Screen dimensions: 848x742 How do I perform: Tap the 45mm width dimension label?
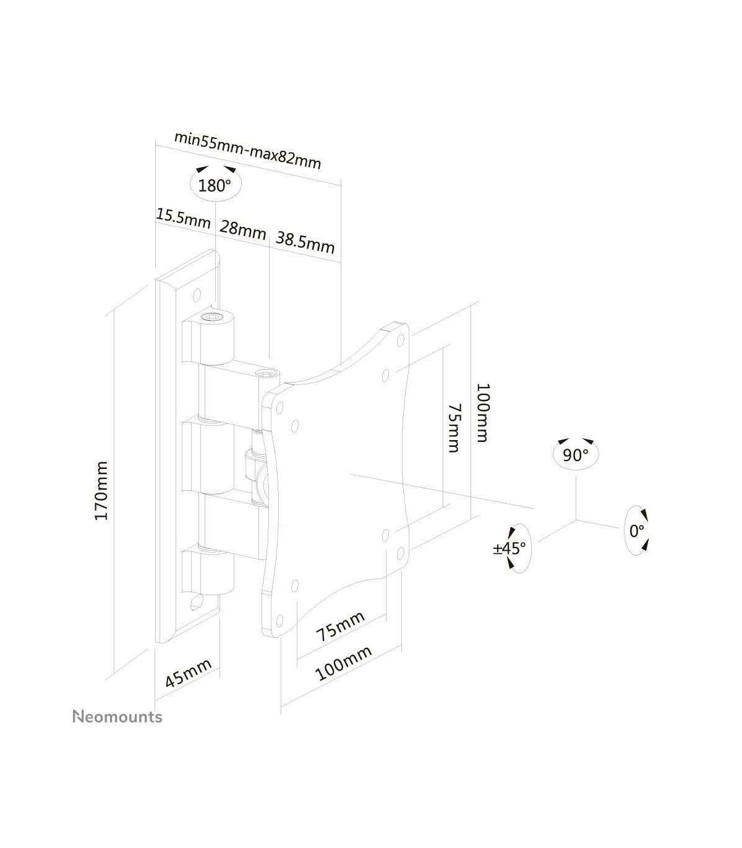point(189,673)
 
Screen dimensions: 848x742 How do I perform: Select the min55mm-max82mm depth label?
point(247,150)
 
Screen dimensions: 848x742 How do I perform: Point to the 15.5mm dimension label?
point(183,218)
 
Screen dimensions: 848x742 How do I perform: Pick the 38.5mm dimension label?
point(305,243)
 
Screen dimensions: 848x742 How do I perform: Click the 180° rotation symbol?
point(215,184)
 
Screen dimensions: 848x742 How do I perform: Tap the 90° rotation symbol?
point(576,455)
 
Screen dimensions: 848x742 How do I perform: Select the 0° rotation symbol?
point(637,530)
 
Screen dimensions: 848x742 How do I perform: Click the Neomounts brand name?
point(117,717)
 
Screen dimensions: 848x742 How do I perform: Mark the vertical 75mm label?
point(454,428)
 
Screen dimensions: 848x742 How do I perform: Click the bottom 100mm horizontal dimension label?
point(344,663)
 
